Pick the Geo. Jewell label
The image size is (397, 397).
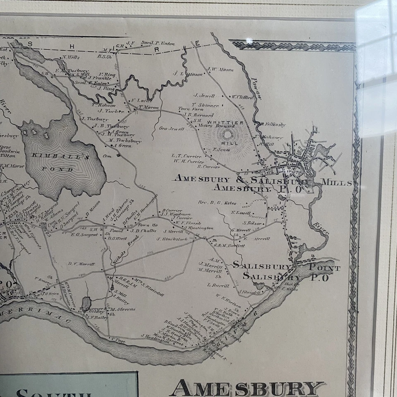point(171,129)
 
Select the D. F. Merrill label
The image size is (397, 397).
point(81,263)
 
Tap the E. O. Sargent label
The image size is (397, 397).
point(84,234)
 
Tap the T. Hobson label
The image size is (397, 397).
point(103,105)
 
